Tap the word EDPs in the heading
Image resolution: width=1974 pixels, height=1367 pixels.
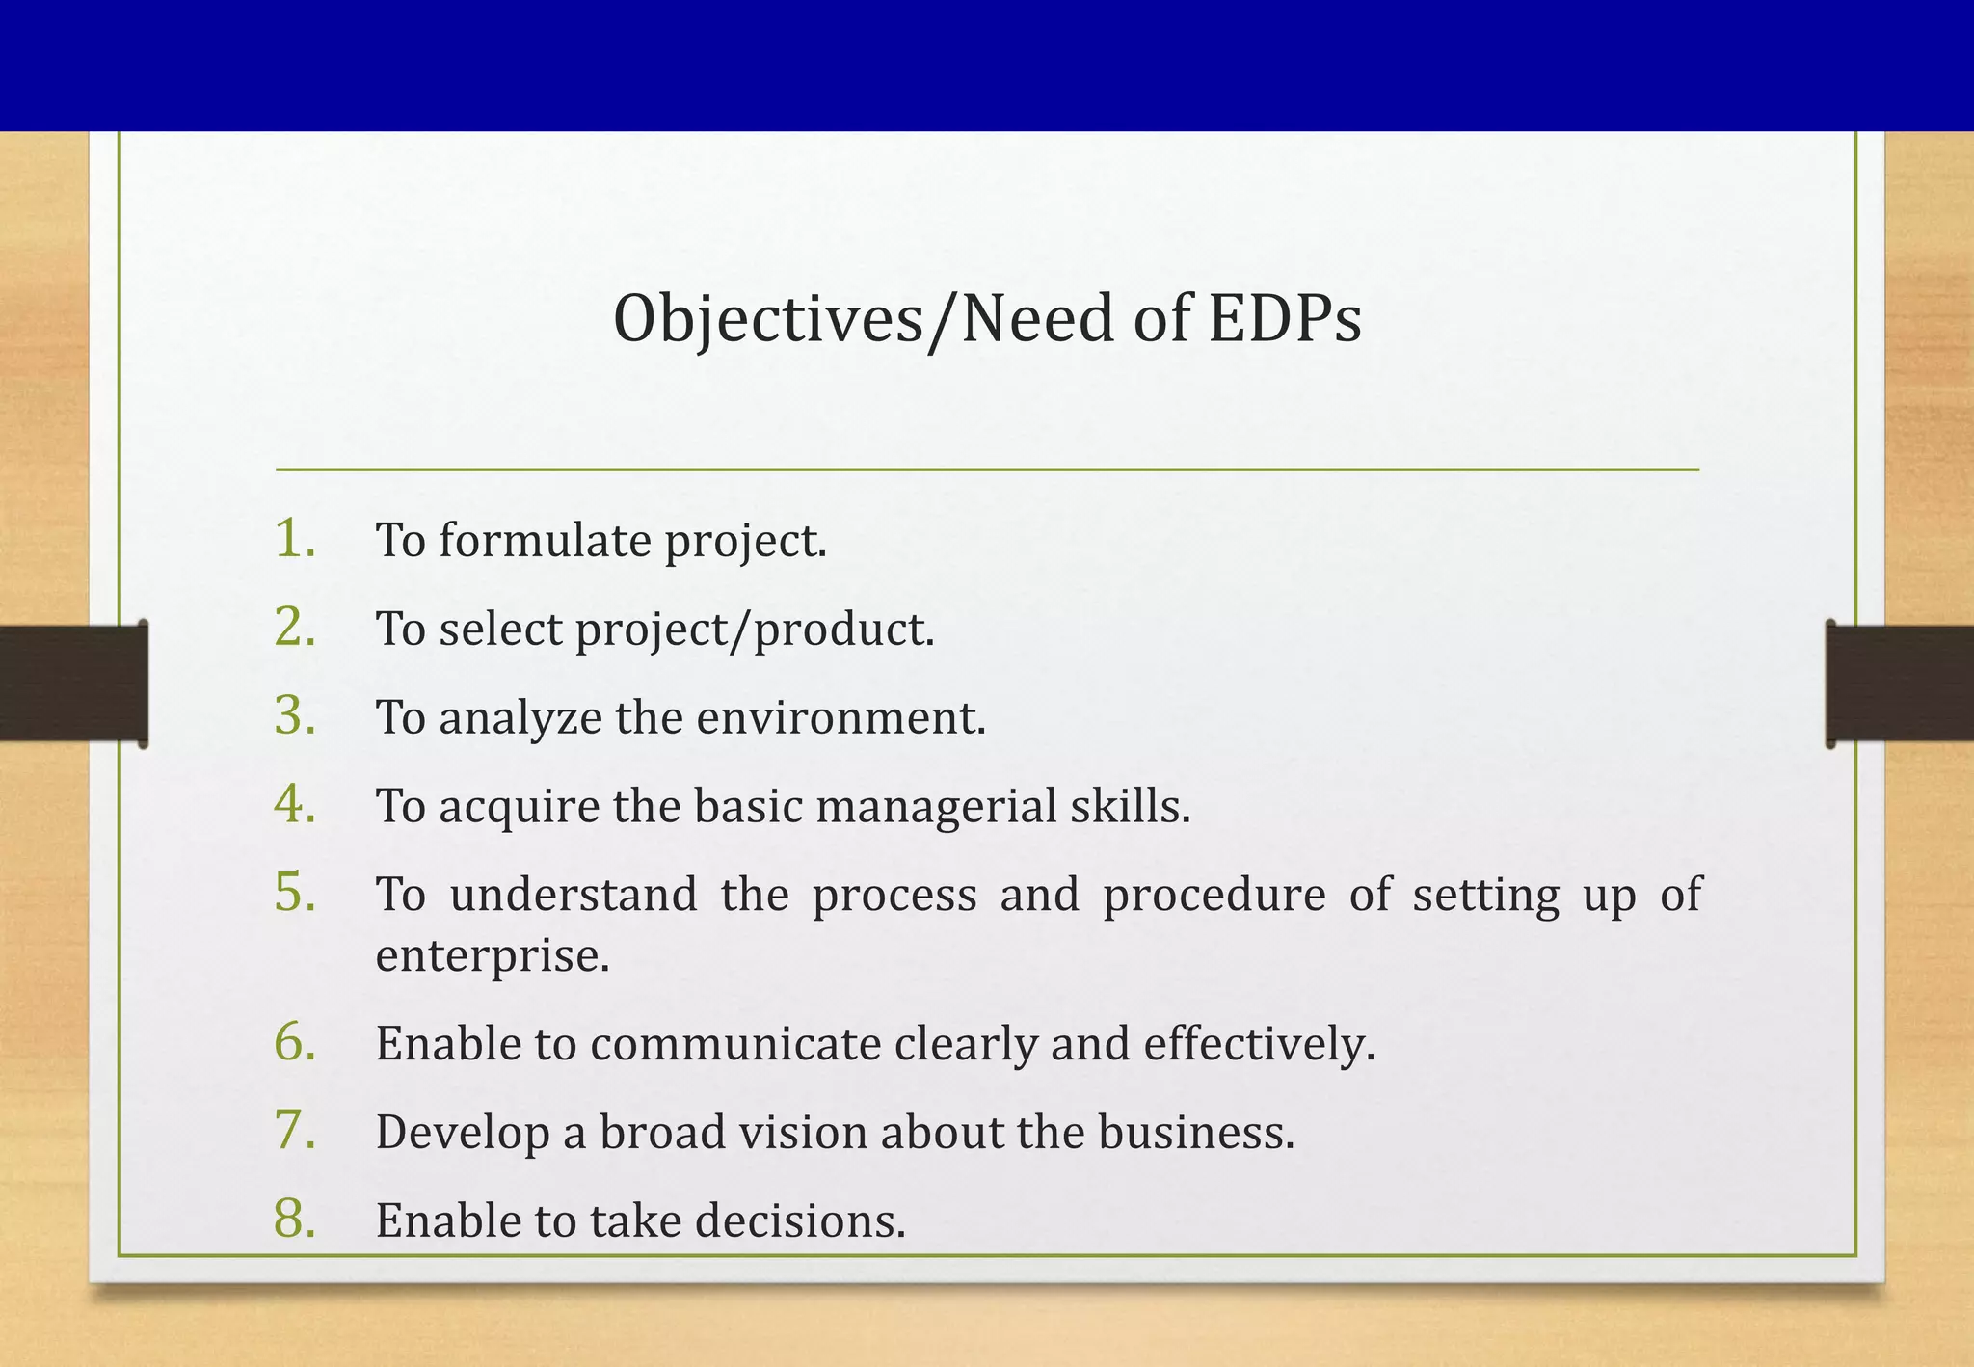point(1285,319)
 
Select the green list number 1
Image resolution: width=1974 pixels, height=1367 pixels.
point(295,538)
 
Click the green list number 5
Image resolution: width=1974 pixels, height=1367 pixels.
point(295,892)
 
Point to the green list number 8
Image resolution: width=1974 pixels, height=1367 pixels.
point(295,1219)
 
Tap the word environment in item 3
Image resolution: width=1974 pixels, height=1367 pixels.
point(840,718)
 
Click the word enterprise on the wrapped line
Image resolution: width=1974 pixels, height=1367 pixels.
point(492,956)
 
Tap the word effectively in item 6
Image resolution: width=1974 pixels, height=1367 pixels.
point(1259,1044)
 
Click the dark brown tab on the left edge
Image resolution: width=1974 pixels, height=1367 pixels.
point(73,683)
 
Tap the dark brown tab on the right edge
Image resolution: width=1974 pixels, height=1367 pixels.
point(1899,683)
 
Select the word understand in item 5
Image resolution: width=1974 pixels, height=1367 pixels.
point(574,895)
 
